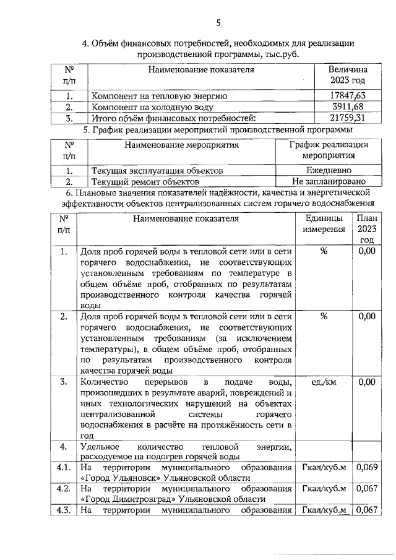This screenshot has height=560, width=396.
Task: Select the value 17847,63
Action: pos(347,95)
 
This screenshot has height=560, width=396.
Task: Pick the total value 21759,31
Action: pos(347,118)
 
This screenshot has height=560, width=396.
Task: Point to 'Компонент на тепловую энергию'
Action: pos(159,96)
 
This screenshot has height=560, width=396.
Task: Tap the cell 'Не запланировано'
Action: pos(329,182)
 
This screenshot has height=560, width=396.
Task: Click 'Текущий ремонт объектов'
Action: pos(145,183)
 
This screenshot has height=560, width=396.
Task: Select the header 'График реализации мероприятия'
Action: pos(329,150)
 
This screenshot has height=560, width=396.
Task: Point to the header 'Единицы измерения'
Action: pos(324,223)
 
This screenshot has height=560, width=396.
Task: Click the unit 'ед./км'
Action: pos(324,382)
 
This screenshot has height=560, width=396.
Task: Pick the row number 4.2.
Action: pos(63,489)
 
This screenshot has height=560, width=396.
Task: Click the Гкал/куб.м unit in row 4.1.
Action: pos(324,467)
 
